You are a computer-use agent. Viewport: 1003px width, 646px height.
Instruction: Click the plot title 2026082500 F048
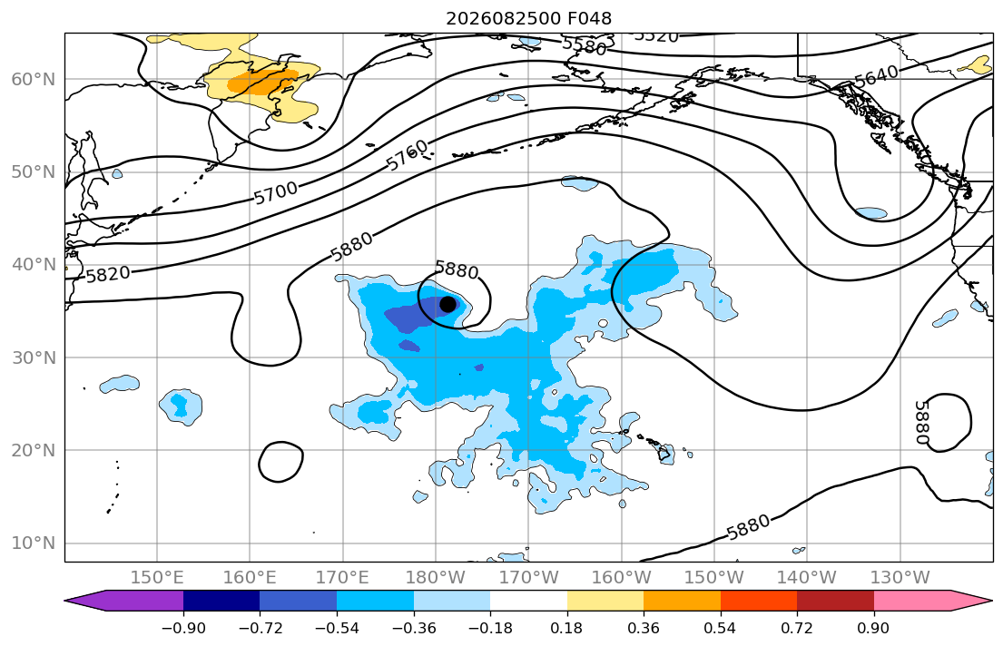coord(528,18)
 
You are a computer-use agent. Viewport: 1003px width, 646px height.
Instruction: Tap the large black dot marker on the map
coord(447,305)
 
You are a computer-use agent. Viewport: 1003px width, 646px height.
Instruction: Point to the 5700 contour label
coord(276,192)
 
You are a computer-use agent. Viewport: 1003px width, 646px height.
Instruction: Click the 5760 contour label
coord(408,155)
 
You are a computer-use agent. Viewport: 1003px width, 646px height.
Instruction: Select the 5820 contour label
coord(108,274)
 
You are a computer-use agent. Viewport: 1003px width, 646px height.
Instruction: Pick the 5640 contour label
coord(876,76)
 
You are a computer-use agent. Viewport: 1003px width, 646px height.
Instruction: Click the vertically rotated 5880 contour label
coord(921,422)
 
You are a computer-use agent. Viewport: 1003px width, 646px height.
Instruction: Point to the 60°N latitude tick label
coord(34,79)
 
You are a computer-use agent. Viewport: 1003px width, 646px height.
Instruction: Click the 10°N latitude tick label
coord(34,543)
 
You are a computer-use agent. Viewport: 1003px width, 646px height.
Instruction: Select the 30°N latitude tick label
coord(34,357)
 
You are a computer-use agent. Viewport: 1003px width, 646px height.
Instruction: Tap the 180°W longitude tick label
coord(436,578)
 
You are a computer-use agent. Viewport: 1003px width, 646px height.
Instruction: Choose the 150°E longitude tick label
coord(157,578)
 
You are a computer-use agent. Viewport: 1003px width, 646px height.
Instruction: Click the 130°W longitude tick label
coord(900,578)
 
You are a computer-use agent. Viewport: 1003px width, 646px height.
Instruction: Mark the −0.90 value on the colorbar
coord(183,628)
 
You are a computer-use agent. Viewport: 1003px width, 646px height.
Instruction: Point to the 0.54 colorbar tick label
coord(721,628)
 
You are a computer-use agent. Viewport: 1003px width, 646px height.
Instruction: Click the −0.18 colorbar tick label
coord(490,628)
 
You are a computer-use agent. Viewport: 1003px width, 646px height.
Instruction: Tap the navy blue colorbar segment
coord(221,601)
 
